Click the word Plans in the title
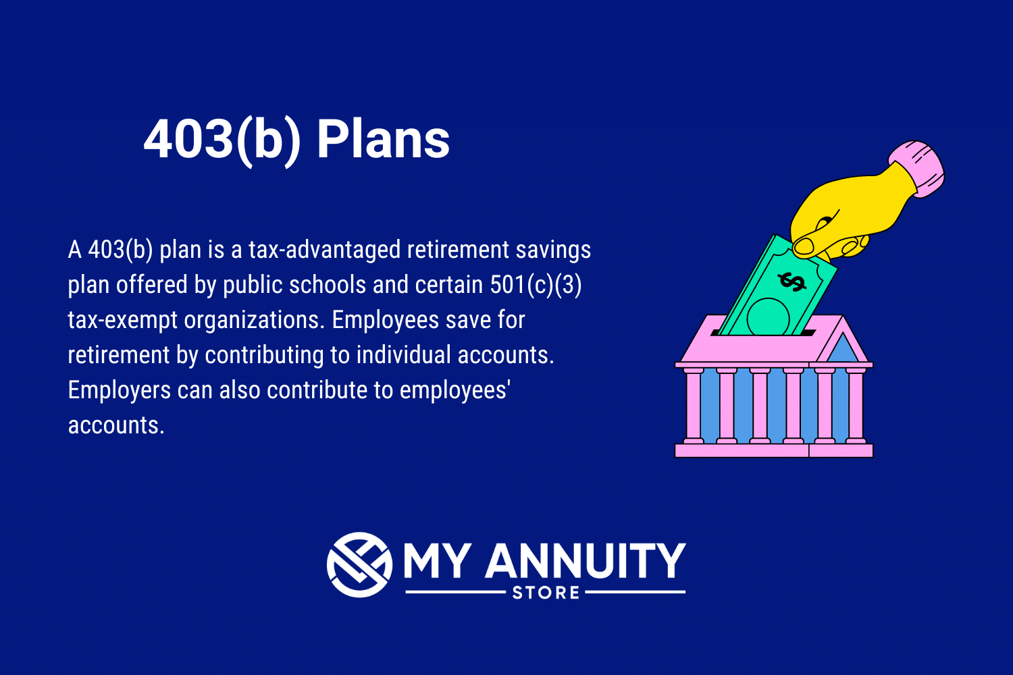[383, 140]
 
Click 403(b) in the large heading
[222, 140]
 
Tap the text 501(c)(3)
[536, 285]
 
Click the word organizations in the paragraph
[253, 320]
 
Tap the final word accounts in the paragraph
[115, 425]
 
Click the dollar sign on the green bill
[791, 281]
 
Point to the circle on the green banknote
[769, 317]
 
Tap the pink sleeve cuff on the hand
[917, 167]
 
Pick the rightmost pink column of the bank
[856, 405]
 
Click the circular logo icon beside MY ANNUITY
[359, 564]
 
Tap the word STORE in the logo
[546, 593]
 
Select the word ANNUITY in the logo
[585, 561]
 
